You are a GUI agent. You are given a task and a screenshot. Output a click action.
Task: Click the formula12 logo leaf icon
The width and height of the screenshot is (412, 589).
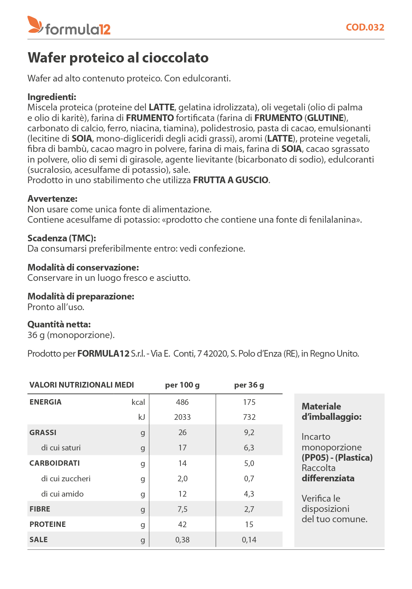pos(35,24)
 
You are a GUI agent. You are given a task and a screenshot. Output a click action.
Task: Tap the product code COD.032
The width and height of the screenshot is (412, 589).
pos(365,27)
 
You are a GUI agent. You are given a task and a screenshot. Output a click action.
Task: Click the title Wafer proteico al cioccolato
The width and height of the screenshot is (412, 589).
pos(118,58)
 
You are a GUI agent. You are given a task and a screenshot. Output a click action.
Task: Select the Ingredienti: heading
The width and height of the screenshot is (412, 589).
pos(52,97)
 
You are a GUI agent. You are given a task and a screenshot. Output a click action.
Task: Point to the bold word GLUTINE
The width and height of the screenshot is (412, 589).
pos(325,118)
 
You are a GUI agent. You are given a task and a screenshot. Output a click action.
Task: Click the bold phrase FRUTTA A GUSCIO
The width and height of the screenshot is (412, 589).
pos(231,180)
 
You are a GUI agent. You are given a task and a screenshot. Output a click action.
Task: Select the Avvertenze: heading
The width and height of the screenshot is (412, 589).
pos(52,199)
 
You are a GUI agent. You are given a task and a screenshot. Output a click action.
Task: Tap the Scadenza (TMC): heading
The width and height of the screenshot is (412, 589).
pos(61,238)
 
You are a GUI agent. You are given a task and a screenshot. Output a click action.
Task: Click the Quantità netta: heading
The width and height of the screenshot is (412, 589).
pos(59,324)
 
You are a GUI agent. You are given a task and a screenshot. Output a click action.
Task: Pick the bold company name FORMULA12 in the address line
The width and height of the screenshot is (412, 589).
pos(103,354)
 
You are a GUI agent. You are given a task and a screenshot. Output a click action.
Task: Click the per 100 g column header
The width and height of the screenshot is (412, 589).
pos(182,385)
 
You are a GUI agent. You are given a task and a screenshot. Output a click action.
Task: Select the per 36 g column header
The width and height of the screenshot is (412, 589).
pos(249,385)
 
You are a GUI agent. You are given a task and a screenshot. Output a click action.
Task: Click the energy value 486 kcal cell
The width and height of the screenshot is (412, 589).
pos(182,402)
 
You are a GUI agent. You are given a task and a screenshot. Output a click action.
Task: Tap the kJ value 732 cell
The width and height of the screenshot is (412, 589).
pos(249,417)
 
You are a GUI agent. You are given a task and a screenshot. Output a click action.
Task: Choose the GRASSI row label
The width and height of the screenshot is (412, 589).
pos(43,432)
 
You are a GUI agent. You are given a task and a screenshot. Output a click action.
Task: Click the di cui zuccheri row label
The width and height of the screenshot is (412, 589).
pos(66,479)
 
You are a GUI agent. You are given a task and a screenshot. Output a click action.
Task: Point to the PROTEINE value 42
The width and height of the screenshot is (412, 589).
pos(182,525)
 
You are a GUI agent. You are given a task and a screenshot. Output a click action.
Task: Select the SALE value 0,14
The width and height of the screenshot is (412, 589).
pos(249,540)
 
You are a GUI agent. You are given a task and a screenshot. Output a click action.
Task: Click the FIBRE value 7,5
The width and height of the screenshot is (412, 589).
pos(182,509)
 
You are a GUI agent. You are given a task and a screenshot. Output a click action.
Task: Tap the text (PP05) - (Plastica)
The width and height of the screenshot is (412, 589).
pos(337,458)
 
